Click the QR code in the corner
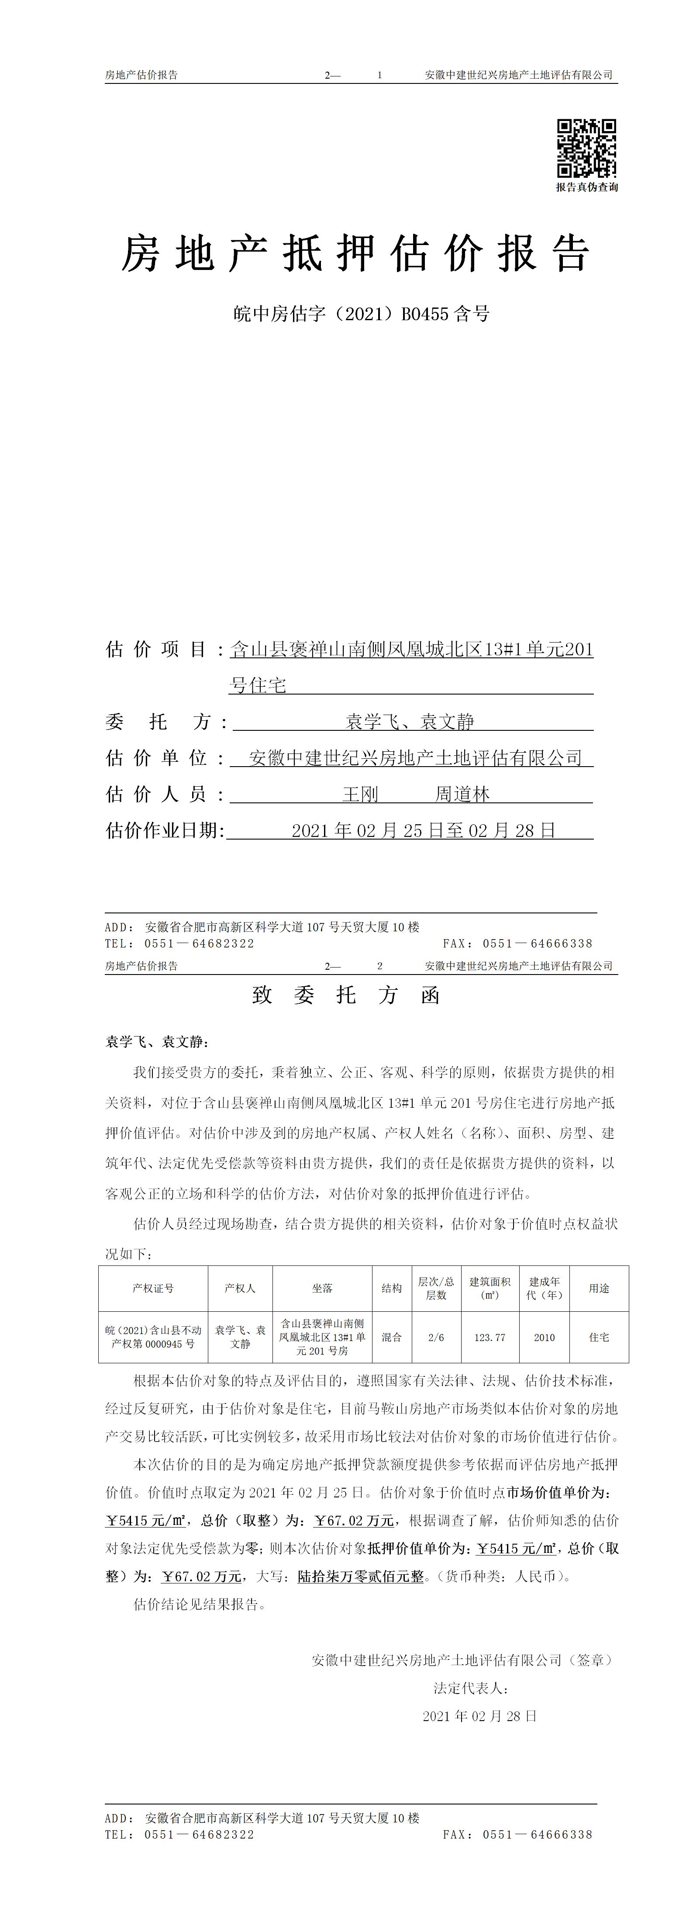tap(586, 148)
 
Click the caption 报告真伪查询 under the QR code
tap(586, 187)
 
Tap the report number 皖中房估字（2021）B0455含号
tap(361, 314)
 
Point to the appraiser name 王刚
tap(361, 795)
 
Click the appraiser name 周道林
tap(462, 795)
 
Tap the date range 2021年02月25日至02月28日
tap(424, 830)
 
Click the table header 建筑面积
tap(490, 1288)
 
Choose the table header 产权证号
tap(153, 1288)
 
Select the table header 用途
tap(599, 1288)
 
